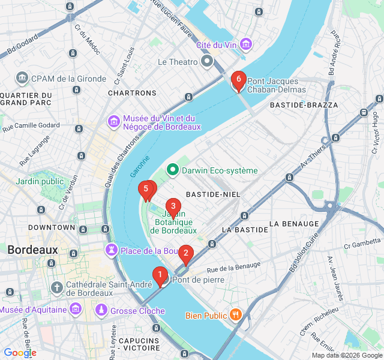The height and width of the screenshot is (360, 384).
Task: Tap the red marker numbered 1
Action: tap(160, 275)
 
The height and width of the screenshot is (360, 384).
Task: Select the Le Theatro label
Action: tap(178, 62)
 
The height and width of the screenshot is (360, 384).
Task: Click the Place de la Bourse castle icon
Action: tap(112, 250)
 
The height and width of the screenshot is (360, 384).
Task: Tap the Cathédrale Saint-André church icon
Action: tap(57, 288)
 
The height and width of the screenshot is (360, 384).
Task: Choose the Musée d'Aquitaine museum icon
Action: tap(76, 310)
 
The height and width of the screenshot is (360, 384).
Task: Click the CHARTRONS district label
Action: tap(132, 93)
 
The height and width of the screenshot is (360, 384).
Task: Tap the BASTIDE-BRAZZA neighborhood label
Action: tap(304, 105)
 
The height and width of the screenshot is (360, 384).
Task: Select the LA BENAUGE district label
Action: tap(294, 223)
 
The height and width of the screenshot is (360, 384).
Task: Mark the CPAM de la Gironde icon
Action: tap(22, 78)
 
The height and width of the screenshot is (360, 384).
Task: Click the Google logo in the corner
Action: tap(20, 353)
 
